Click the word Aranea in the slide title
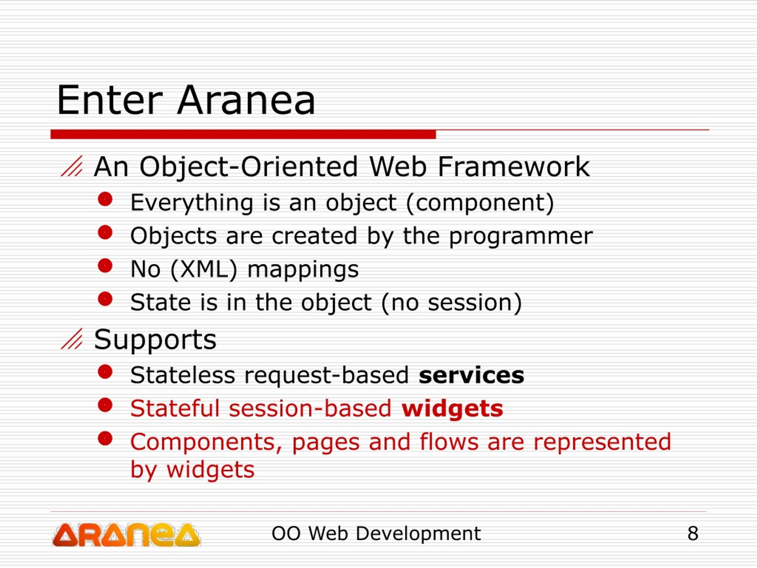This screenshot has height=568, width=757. point(246,100)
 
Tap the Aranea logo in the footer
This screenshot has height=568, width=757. point(126,535)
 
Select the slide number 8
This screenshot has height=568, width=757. point(693,533)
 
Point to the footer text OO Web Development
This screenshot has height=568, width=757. point(376,533)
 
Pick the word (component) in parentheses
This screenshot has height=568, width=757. point(480,203)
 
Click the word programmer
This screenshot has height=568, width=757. point(520,237)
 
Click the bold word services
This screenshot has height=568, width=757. point(471,375)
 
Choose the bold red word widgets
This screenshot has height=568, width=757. point(452,409)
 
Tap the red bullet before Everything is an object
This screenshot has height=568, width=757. point(105,199)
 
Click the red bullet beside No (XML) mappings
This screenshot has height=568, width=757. point(105,265)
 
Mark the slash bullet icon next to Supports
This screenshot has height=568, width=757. point(72,339)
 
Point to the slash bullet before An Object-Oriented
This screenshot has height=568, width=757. point(72,166)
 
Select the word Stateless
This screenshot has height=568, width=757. point(183,375)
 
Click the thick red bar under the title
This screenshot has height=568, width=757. point(243,134)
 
